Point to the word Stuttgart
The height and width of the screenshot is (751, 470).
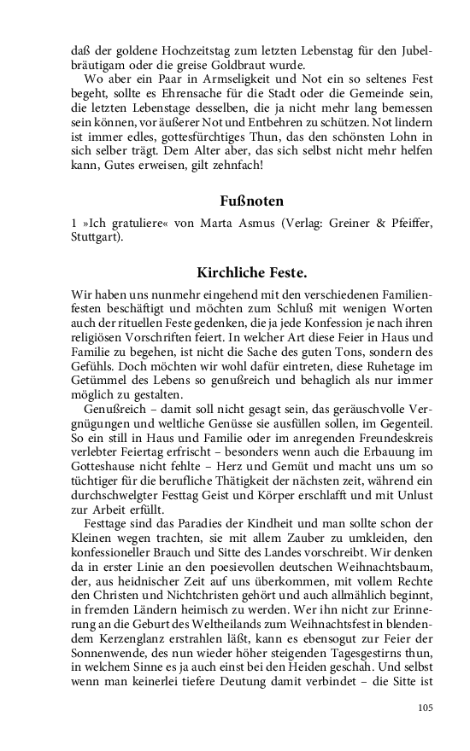[97, 237]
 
